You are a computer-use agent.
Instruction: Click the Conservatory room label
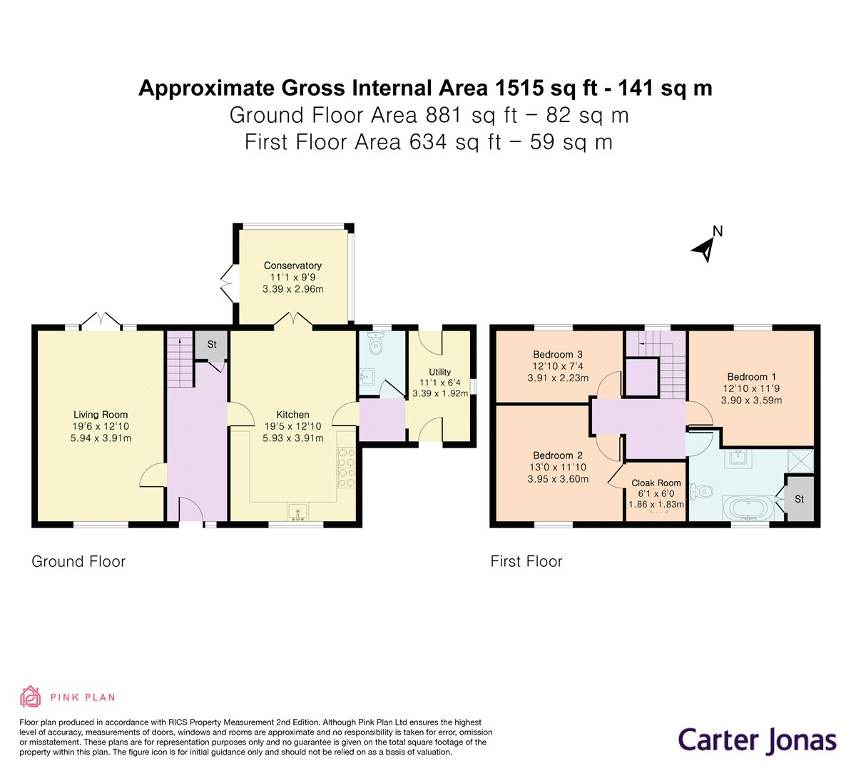click(x=292, y=266)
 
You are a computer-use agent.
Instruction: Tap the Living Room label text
click(x=101, y=415)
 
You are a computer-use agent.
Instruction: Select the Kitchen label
click(x=292, y=415)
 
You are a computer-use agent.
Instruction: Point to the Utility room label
click(x=439, y=372)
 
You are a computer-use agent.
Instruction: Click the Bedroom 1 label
click(x=751, y=377)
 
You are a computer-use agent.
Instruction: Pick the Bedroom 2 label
click(x=558, y=455)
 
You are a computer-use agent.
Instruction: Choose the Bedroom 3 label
click(x=558, y=355)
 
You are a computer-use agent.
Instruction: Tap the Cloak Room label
click(x=656, y=483)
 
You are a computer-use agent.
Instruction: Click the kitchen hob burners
click(x=347, y=467)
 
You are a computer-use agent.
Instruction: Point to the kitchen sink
click(x=298, y=512)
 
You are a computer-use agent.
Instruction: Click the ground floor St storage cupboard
click(x=211, y=345)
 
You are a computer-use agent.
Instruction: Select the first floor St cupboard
click(x=799, y=499)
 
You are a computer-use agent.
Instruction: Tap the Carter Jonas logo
click(x=757, y=740)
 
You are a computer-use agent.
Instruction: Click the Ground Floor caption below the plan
click(x=78, y=562)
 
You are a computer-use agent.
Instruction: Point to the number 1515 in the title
click(x=519, y=89)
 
